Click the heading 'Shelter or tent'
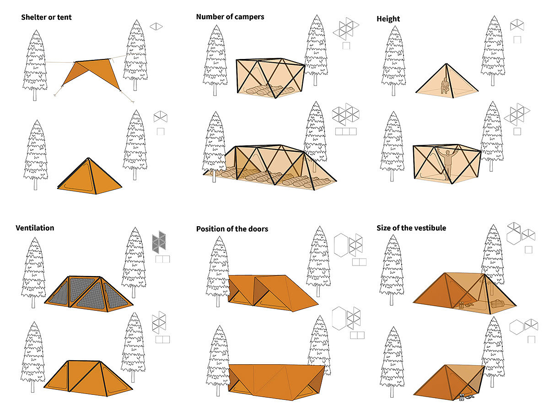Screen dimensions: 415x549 [46, 18]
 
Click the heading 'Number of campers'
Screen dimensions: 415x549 [230, 17]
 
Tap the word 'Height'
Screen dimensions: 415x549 [388, 19]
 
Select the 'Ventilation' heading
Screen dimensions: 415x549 [35, 228]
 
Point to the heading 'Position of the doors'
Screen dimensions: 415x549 [232, 229]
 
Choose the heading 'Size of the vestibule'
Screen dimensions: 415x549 [411, 228]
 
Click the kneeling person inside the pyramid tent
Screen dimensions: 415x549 [444, 85]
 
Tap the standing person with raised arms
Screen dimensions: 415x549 [449, 162]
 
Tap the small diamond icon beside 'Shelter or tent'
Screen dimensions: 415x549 [156, 27]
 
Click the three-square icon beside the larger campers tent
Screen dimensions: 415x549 [345, 132]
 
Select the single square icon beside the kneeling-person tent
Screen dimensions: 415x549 [517, 40]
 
